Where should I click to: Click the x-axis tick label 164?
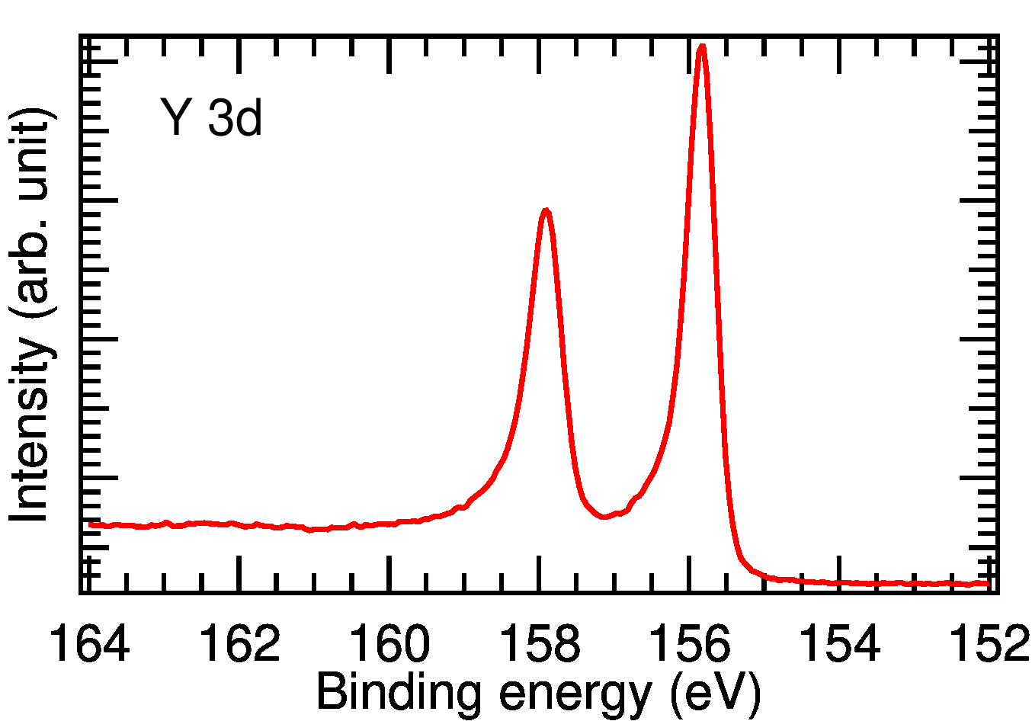tap(89, 644)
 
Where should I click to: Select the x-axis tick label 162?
tap(239, 644)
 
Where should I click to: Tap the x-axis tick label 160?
tap(389, 644)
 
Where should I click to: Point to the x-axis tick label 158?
tap(540, 644)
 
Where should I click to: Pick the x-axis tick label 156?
tap(690, 644)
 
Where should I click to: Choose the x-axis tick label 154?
tap(839, 644)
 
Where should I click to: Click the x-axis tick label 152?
tap(989, 644)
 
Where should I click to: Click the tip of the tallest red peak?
tap(701, 46)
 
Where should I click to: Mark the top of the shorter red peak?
tap(546, 210)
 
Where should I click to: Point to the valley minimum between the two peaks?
tap(604, 517)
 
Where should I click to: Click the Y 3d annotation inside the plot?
tap(212, 118)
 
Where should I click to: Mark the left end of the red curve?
tap(90, 524)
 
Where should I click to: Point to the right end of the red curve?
tap(988, 584)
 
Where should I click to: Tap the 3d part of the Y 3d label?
tap(235, 118)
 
